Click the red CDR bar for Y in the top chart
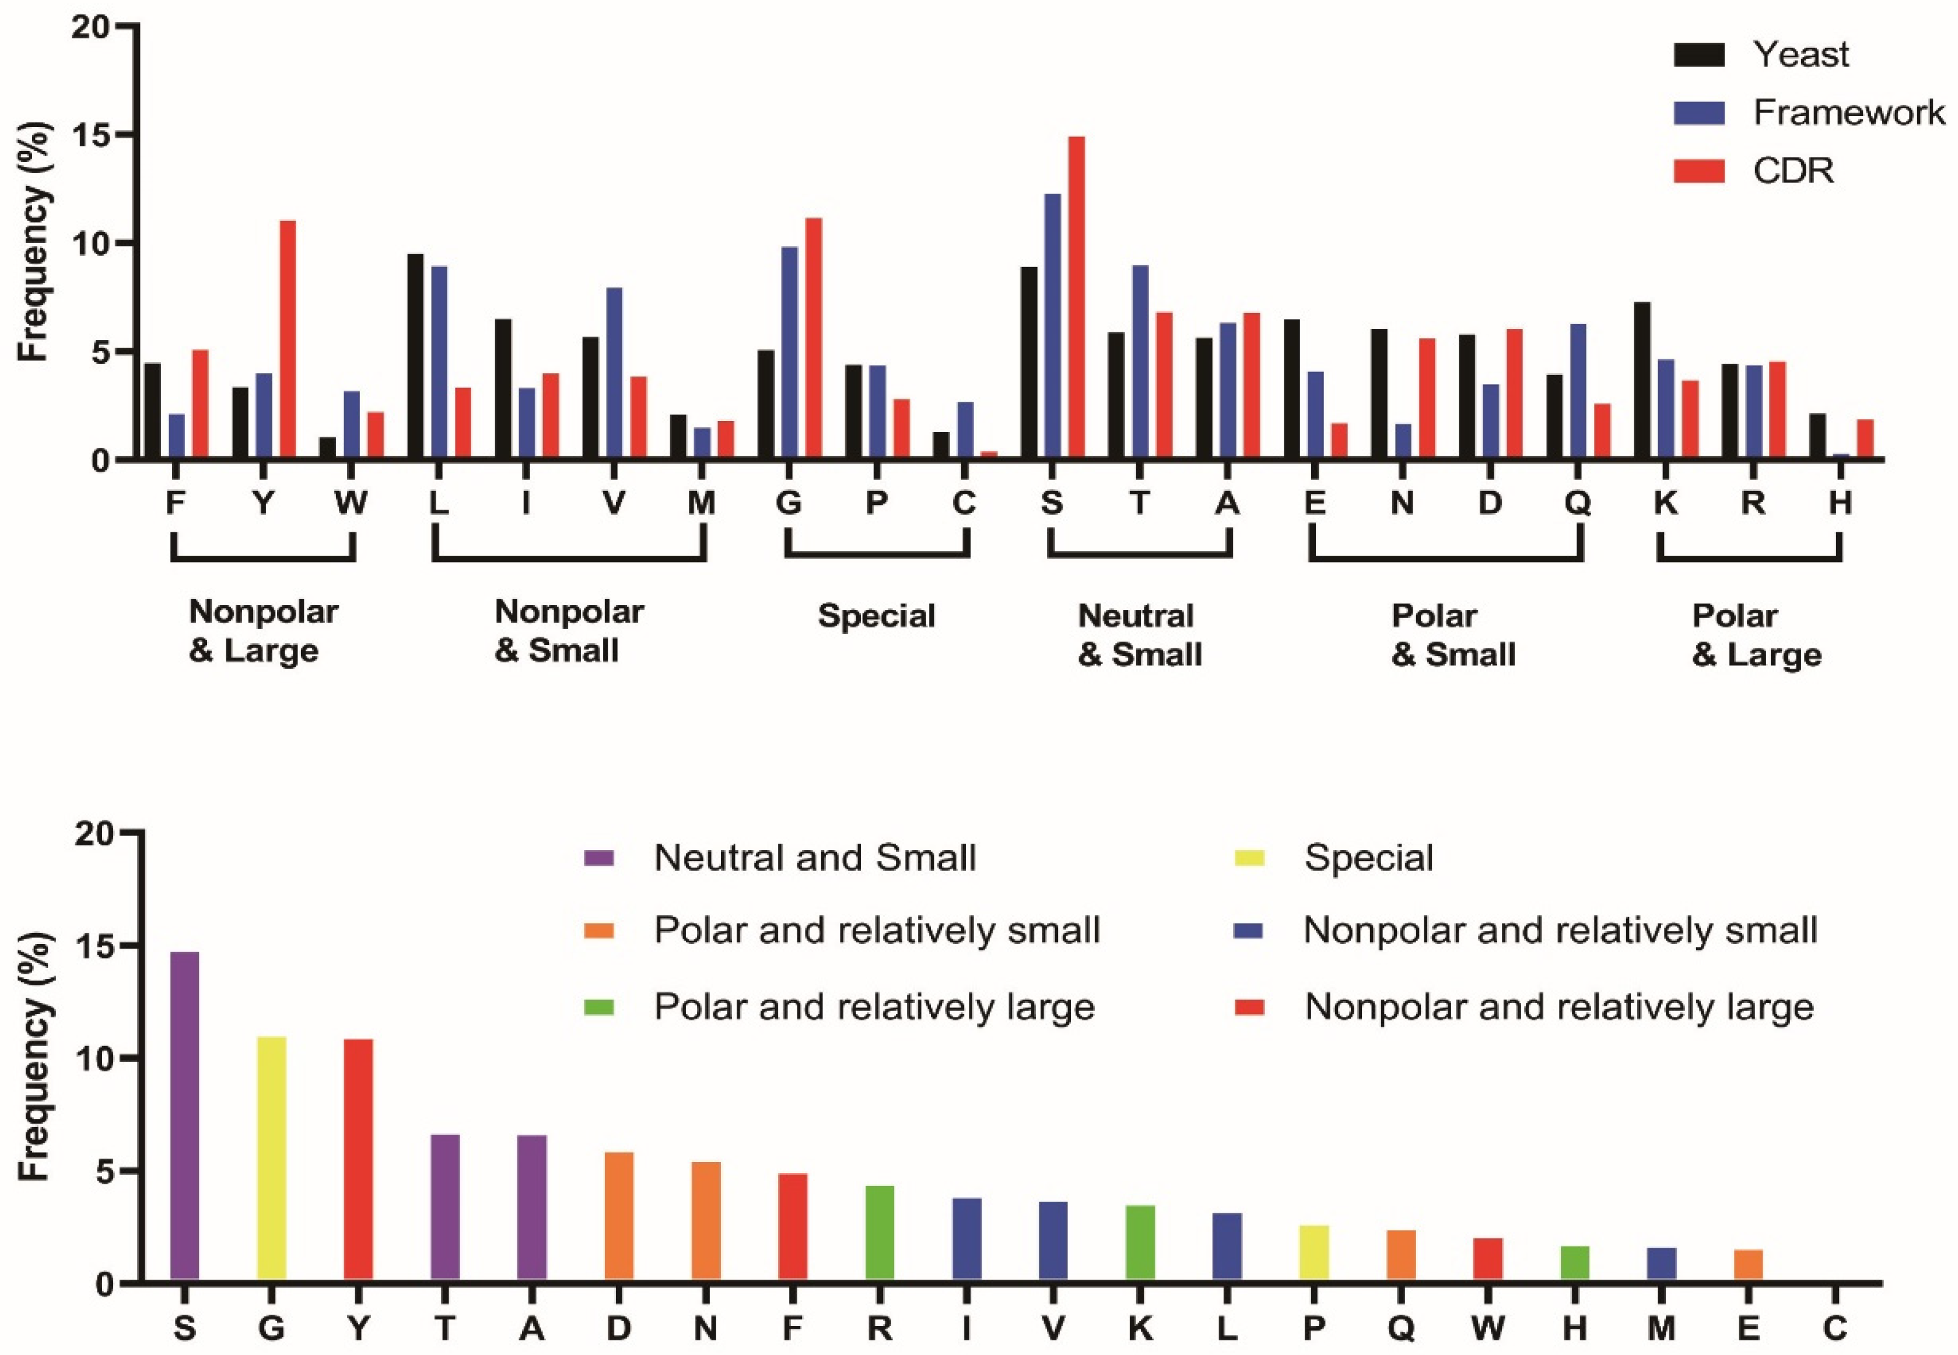pyautogui.click(x=288, y=339)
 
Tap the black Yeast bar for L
pyautogui.click(x=415, y=357)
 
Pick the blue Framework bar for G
pyautogui.click(x=790, y=352)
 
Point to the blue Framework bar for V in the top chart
pyautogui.click(x=614, y=374)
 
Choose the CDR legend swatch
pyautogui.click(x=1699, y=171)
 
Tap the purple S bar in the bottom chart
pyautogui.click(x=184, y=1117)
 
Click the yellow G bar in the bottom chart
pyautogui.click(x=272, y=1159)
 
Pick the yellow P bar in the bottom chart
pyautogui.click(x=1313, y=1252)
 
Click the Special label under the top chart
pyautogui.click(x=876, y=616)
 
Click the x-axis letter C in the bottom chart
pyautogui.click(x=1836, y=1326)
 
